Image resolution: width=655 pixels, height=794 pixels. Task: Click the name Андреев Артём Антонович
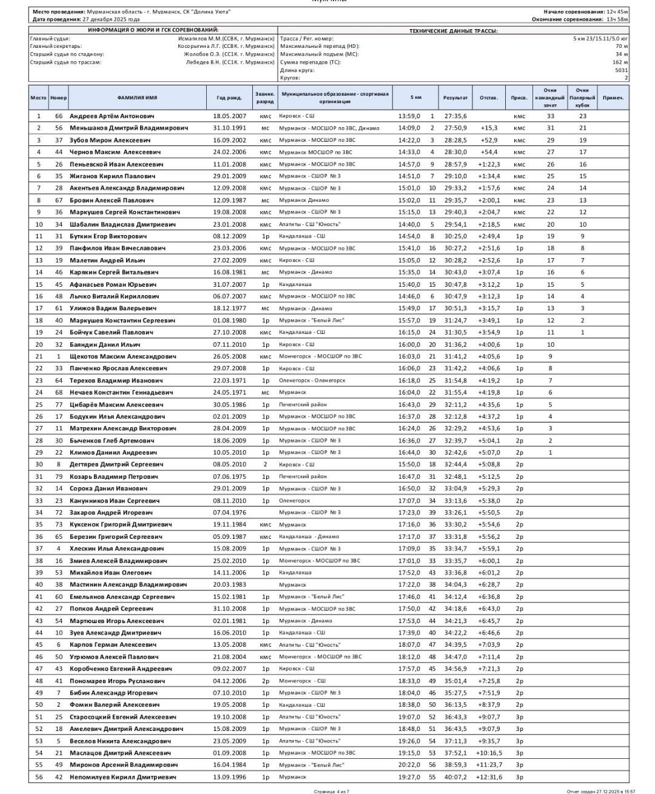pos(112,116)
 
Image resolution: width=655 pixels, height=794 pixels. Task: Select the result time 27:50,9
pos(455,128)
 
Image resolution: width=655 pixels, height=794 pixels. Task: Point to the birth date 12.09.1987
pos(229,200)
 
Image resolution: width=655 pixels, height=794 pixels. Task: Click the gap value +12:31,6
pos(489,777)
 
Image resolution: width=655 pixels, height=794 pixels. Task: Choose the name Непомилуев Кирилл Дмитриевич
pos(123,777)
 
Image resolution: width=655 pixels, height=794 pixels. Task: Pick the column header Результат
pos(455,98)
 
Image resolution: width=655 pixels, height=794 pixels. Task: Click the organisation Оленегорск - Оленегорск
pos(312,381)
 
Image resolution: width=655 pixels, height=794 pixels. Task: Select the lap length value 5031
pos(621,70)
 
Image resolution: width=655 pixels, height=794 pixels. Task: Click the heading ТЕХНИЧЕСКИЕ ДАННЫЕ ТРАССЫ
pos(453,31)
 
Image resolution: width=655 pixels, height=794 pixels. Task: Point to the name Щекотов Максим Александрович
pos(123,356)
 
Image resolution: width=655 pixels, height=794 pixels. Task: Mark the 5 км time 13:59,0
pos(409,116)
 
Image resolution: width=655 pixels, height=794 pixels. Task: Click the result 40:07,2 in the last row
pos(455,777)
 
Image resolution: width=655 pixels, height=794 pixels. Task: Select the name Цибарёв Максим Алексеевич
pos(116,404)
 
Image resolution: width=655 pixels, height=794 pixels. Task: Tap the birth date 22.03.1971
pos(229,381)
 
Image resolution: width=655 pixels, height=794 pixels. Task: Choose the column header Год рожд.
pos(229,98)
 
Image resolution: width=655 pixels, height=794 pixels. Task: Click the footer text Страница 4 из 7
pos(332,791)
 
